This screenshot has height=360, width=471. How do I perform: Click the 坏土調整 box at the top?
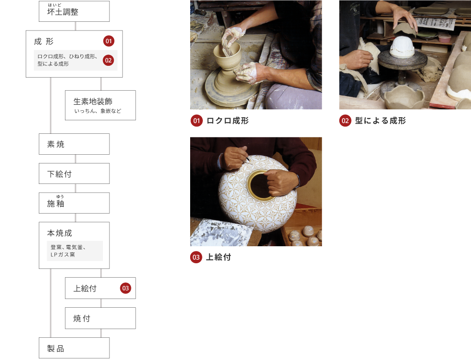click(x=74, y=11)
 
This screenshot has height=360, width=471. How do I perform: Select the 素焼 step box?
click(x=74, y=144)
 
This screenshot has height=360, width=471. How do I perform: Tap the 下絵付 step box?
click(x=74, y=173)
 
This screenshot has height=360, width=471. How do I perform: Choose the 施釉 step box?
click(x=74, y=203)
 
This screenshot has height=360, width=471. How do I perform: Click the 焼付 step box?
click(x=100, y=318)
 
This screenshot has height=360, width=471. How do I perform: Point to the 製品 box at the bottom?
click(x=74, y=348)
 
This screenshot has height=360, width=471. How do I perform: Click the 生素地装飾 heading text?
click(x=93, y=102)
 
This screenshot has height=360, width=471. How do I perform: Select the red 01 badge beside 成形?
click(x=109, y=41)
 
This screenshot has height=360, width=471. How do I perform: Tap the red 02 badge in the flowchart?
click(x=109, y=60)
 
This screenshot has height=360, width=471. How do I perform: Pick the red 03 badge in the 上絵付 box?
click(x=126, y=288)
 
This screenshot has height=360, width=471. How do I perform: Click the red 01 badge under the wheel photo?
click(x=196, y=121)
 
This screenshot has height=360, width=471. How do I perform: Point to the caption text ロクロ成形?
click(x=228, y=121)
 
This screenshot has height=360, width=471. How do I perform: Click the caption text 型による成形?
click(x=380, y=121)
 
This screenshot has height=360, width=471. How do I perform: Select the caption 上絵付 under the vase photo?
click(x=218, y=257)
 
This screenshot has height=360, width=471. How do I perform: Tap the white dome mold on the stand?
click(x=402, y=47)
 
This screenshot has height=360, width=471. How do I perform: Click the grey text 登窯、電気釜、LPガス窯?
click(x=68, y=251)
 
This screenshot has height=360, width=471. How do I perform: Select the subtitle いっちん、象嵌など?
click(x=98, y=111)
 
